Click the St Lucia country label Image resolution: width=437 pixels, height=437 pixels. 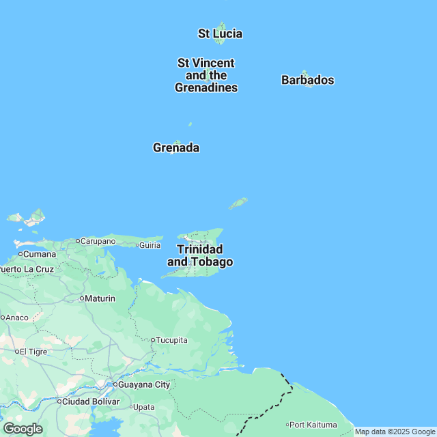coord(220,33)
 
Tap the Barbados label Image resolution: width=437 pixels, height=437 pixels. coord(307,80)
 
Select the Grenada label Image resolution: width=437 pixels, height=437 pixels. coord(176,147)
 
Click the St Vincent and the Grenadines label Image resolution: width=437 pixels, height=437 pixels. coord(206,75)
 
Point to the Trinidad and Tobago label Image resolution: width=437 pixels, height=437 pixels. coord(200,255)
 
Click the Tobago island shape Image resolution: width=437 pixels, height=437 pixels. coord(238,203)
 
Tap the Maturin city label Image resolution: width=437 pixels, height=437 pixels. coord(99,298)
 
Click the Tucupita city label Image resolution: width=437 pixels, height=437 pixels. coord(171,340)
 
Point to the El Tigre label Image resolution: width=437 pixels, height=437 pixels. coord(32,352)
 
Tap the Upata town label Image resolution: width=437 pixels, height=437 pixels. coord(143,407)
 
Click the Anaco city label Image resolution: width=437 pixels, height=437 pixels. coord(17,317)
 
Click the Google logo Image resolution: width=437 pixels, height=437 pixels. coord(23,429)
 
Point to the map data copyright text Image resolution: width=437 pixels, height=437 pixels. coord(395,432)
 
